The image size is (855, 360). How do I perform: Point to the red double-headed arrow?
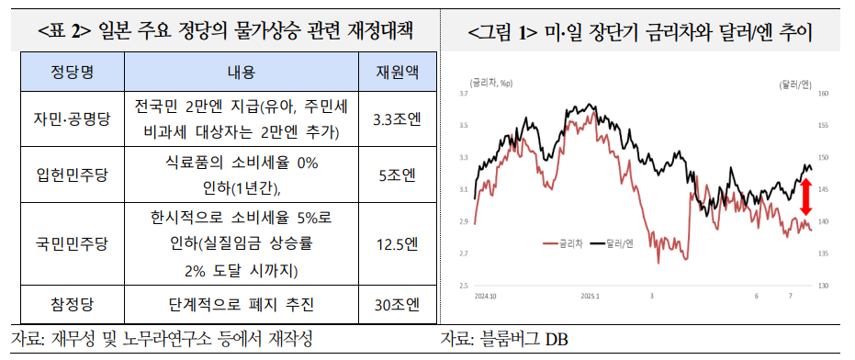click(x=804, y=196)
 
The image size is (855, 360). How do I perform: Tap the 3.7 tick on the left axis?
click(x=464, y=94)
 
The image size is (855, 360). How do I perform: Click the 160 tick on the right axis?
click(x=823, y=94)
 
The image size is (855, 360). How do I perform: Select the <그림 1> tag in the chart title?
click(x=501, y=33)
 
